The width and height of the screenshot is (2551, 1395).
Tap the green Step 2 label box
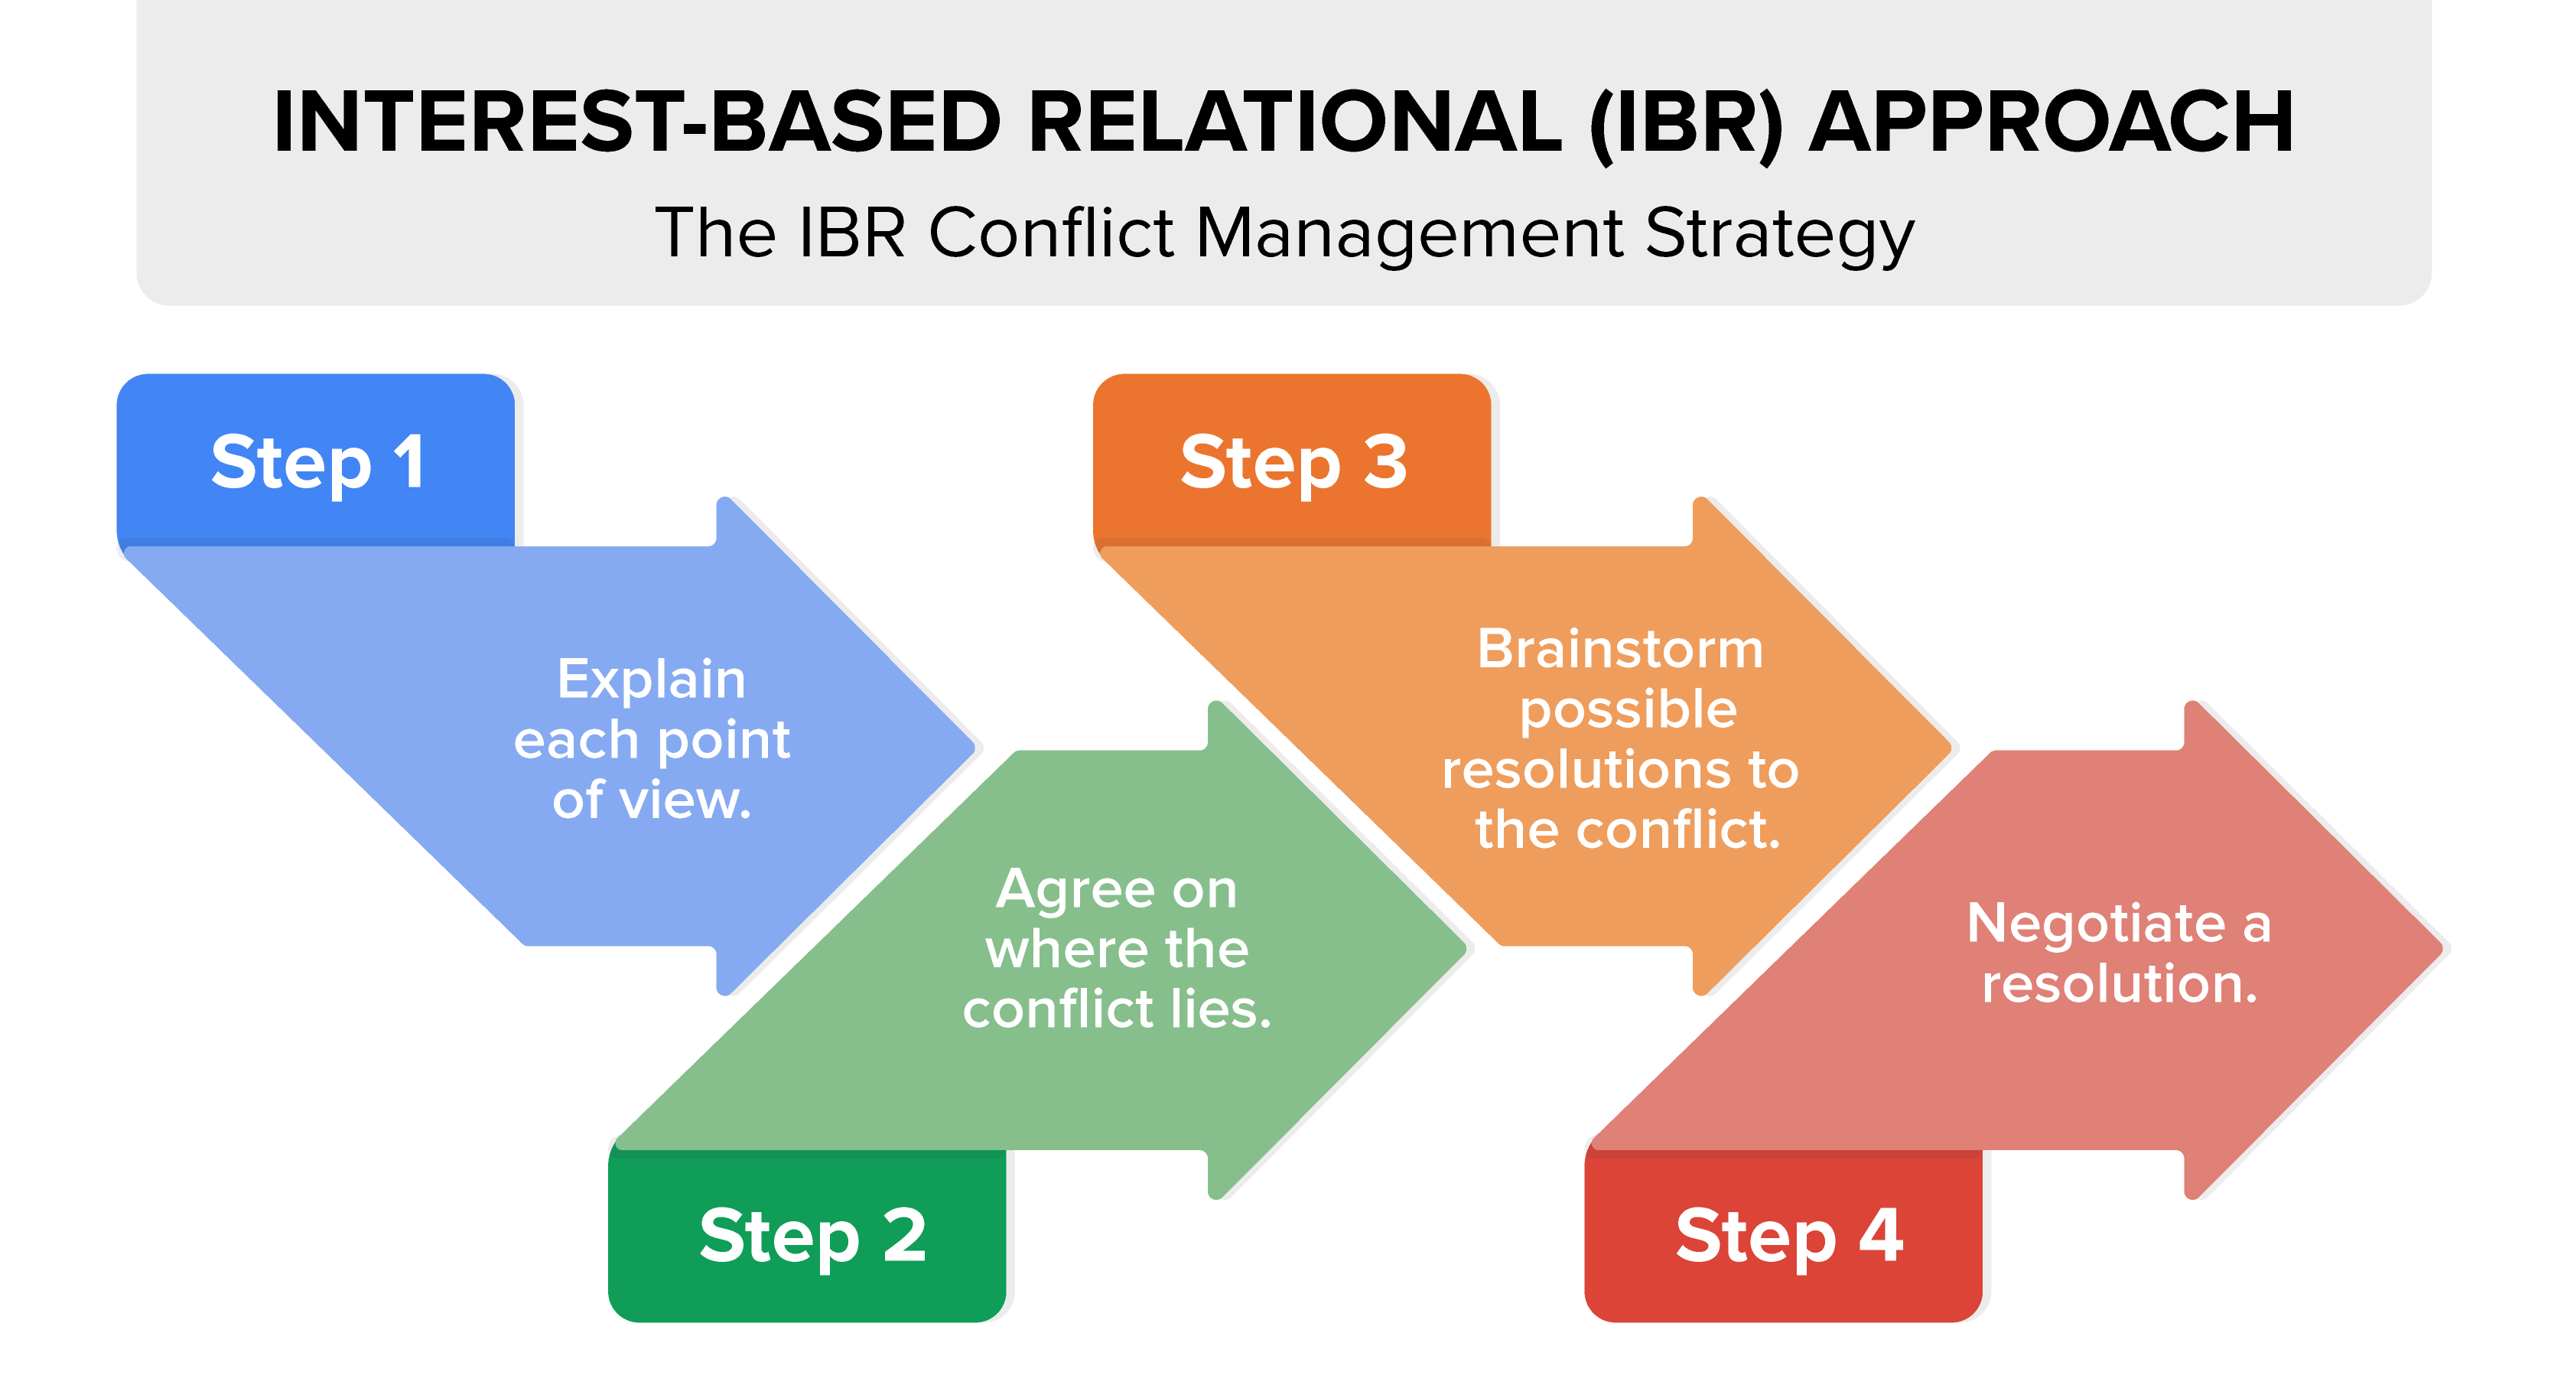[807, 1236]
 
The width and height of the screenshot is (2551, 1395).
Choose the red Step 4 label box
[1784, 1236]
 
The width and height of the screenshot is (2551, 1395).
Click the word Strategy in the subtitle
[1779, 236]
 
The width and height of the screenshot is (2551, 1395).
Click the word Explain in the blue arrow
[651, 680]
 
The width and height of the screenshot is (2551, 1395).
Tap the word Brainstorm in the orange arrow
[1620, 649]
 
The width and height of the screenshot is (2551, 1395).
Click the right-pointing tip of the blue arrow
[975, 746]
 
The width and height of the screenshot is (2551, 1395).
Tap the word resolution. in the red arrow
[2120, 984]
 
